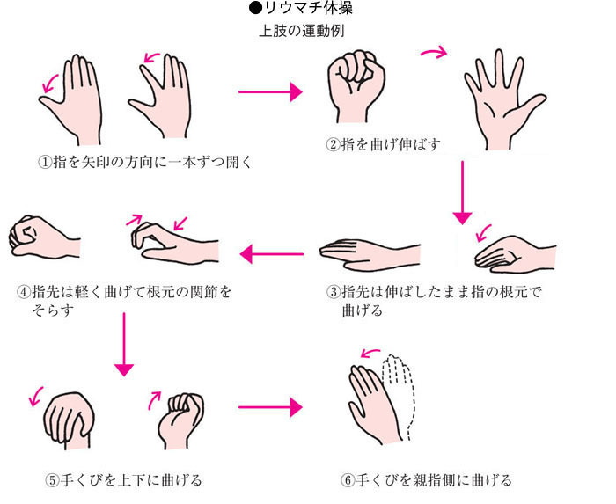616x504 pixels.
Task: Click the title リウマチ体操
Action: [x=308, y=8]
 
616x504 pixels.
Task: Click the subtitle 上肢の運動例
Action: [x=302, y=31]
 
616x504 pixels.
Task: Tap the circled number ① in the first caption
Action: [x=45, y=162]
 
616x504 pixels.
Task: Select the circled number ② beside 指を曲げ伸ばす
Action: [x=333, y=145]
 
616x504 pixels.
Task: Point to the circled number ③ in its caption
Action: [x=334, y=292]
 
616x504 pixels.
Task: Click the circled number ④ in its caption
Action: [x=24, y=292]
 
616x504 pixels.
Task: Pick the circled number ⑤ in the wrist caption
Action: [x=52, y=480]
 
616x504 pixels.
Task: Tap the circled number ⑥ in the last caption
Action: [x=348, y=480]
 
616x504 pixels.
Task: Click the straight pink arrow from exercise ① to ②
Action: [x=270, y=91]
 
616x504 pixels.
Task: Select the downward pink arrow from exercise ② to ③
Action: [x=462, y=193]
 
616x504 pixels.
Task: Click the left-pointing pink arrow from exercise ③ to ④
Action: [x=272, y=254]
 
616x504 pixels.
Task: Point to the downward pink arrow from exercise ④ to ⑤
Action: [x=124, y=344]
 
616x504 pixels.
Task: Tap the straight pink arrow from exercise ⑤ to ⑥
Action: [x=270, y=407]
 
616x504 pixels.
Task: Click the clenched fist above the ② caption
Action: [x=356, y=85]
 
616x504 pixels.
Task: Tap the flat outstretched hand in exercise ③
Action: [x=370, y=254]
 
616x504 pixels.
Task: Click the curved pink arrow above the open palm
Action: [x=435, y=52]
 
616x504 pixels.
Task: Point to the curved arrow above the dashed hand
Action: [x=370, y=353]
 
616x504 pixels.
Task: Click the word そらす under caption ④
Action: [x=53, y=310]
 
